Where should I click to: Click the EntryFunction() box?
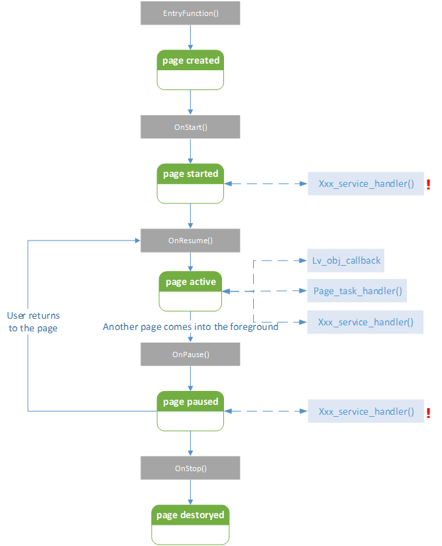(190, 13)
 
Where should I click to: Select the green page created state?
(190, 70)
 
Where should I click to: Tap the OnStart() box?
(190, 127)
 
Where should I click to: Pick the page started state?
(190, 183)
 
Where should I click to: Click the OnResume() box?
(190, 241)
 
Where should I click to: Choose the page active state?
(190, 290)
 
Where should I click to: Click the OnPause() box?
(190, 355)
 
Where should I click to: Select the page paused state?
(190, 411)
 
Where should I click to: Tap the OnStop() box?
(190, 468)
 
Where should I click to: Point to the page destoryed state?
(190, 524)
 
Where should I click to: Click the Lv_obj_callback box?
(347, 260)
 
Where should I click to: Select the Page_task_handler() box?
(357, 291)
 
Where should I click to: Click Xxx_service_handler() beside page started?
(366, 184)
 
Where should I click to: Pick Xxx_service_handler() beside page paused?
(366, 411)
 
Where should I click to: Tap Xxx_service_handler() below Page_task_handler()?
(366, 322)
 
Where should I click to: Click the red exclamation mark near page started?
(429, 184)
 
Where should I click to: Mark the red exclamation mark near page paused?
(429, 412)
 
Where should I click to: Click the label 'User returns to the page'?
(33, 322)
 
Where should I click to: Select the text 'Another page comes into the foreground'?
(190, 327)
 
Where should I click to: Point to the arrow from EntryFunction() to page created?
(190, 38)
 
